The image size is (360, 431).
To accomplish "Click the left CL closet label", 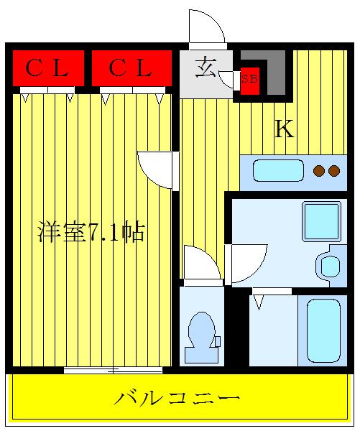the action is click(47, 68).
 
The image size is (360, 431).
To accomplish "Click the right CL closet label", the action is click(130, 68).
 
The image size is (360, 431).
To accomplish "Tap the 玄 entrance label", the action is click(206, 67).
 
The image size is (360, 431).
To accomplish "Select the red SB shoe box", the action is click(250, 80).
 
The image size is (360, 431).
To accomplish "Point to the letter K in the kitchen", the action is click(285, 129).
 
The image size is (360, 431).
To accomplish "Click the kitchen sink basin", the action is click(278, 171).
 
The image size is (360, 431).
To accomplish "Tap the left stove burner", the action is click(319, 171).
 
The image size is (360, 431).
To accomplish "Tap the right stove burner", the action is click(334, 171).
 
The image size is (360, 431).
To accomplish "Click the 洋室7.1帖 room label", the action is click(91, 231).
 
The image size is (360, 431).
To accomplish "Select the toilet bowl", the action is click(202, 338).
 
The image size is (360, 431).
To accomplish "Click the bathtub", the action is click(323, 330).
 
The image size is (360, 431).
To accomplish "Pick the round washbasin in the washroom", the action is click(330, 267).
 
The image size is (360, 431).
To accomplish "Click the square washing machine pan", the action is click(321, 221).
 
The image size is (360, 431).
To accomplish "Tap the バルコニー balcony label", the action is click(177, 398).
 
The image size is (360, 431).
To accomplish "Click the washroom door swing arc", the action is click(260, 269).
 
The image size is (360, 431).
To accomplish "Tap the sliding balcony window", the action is click(113, 371).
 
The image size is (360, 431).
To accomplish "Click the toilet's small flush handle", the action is click(218, 341).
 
